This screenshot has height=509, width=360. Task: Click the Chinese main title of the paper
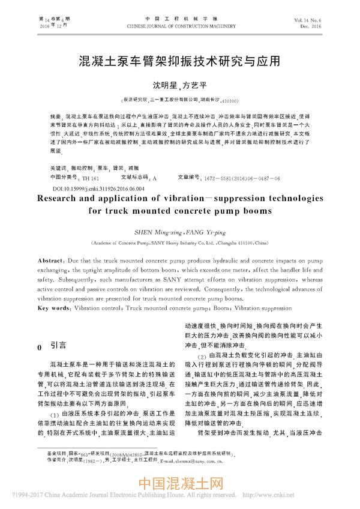(179, 61)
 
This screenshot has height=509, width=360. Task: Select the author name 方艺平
(196, 86)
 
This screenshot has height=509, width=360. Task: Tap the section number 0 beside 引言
(40, 347)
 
